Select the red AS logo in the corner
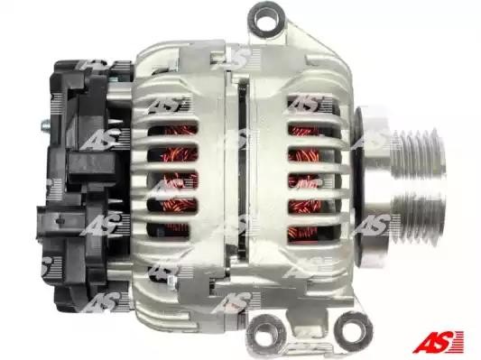439,341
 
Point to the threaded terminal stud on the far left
45,125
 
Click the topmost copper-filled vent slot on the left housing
172,130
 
